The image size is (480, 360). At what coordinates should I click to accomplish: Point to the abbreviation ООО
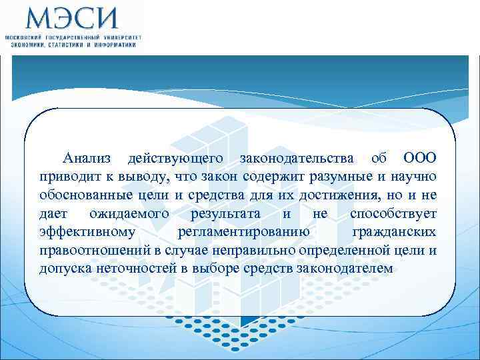[x=420, y=158]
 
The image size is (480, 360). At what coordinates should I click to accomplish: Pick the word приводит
[x=65, y=177]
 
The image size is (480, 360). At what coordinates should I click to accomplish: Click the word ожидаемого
[x=129, y=214]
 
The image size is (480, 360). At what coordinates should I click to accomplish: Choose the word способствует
[x=393, y=214]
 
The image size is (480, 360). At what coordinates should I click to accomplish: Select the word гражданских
[x=394, y=233]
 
